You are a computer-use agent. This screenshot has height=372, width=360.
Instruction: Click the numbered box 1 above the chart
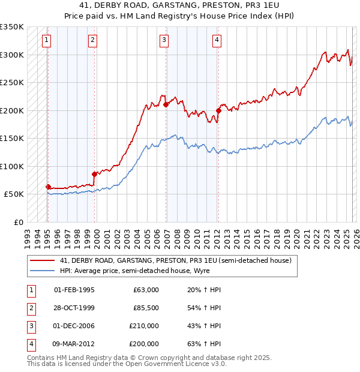(46, 40)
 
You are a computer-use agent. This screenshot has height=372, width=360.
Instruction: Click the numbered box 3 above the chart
(164, 40)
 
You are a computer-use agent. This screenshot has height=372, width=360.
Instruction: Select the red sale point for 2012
(218, 110)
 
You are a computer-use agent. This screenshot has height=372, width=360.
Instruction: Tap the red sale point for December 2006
(166, 104)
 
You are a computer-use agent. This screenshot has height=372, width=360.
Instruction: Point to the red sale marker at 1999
(95, 174)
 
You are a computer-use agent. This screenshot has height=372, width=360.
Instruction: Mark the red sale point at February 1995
(48, 187)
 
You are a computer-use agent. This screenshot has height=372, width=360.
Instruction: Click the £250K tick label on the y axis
(12, 82)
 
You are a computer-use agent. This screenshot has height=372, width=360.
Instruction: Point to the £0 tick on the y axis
(18, 222)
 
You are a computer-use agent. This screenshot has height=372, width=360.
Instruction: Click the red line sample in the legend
(42, 260)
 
